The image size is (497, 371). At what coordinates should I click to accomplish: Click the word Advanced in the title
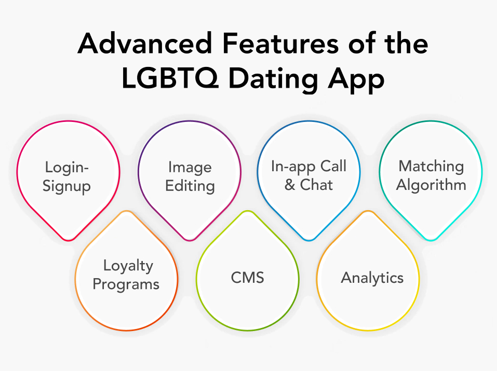pyautogui.click(x=145, y=43)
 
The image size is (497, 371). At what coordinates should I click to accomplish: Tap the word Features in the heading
pyautogui.click(x=280, y=43)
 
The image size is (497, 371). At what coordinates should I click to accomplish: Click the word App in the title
pyautogui.click(x=356, y=80)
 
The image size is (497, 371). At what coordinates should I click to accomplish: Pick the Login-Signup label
pyautogui.click(x=67, y=176)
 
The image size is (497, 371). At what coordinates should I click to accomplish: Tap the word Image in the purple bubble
pyautogui.click(x=190, y=167)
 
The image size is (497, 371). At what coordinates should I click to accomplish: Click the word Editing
pyautogui.click(x=190, y=186)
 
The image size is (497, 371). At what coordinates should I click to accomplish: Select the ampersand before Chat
pyautogui.click(x=289, y=184)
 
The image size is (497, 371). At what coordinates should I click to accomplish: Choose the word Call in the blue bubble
pyautogui.click(x=333, y=166)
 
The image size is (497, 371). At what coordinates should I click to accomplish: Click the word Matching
pyautogui.click(x=431, y=167)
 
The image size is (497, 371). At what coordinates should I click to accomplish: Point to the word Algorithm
pyautogui.click(x=431, y=185)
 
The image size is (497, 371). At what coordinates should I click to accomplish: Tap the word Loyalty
pyautogui.click(x=128, y=266)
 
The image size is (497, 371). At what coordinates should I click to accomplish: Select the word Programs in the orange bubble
pyautogui.click(x=126, y=284)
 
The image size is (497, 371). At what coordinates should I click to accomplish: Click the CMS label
pyautogui.click(x=248, y=278)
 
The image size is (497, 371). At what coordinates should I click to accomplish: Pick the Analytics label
pyautogui.click(x=372, y=278)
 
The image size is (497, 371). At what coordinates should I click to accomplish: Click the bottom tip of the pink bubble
pyautogui.click(x=68, y=240)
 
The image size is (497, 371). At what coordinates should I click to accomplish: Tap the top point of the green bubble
pyautogui.click(x=248, y=211)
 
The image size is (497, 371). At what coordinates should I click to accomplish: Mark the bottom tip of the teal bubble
pyautogui.click(x=431, y=240)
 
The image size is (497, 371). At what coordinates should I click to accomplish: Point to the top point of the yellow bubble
pyautogui.click(x=368, y=211)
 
